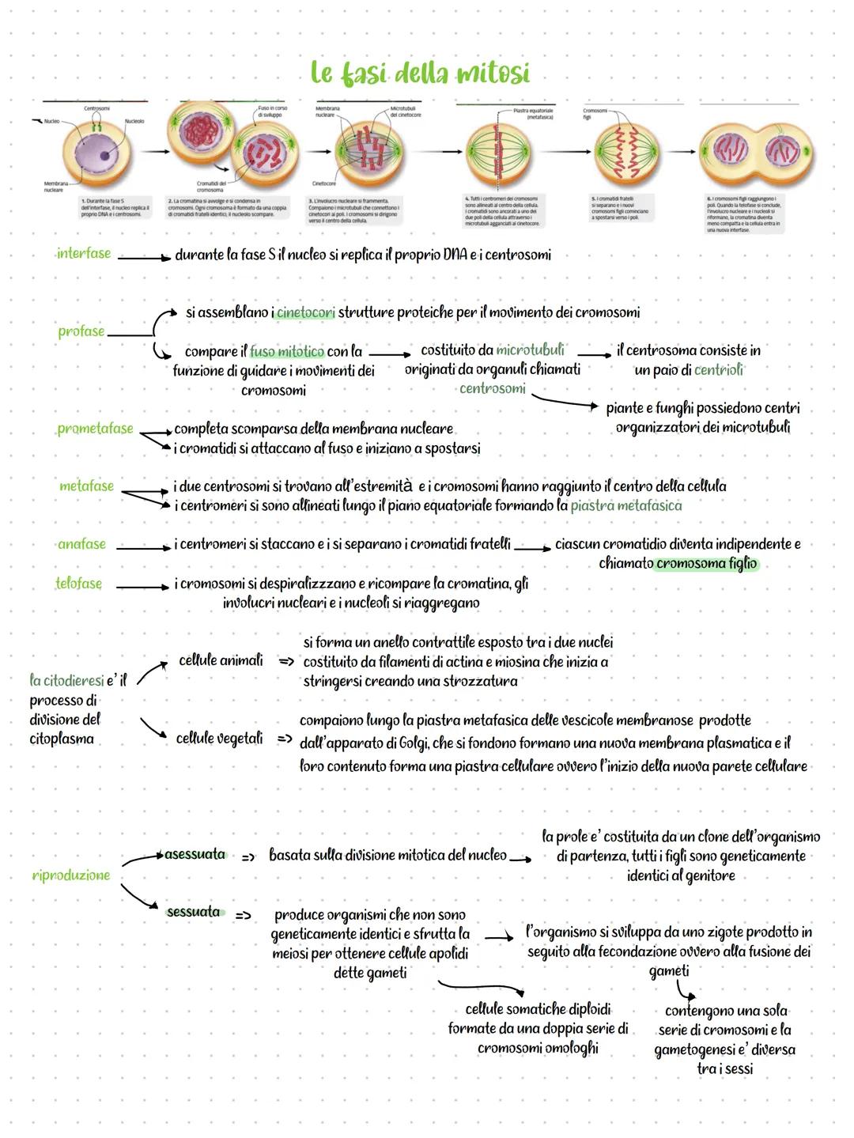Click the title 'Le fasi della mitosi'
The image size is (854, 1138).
point(420,74)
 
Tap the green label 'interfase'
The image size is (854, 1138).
point(83,254)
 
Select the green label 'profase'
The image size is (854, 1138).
point(81,331)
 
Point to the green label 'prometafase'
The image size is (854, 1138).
point(95,429)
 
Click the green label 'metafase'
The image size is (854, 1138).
point(86,486)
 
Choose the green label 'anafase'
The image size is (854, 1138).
point(81,544)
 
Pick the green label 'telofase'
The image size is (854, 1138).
point(79,584)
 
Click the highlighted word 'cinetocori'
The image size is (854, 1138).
point(306,312)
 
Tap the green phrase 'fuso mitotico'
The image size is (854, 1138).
point(287,351)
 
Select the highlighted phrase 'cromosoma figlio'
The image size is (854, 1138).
point(706,564)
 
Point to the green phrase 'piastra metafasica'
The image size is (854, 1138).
point(625,505)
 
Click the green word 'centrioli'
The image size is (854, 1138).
point(719,369)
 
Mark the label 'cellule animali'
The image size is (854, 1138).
point(221,660)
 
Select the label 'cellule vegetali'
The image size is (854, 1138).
point(219,739)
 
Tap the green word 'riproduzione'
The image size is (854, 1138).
point(71,875)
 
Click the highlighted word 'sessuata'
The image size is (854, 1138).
point(194,912)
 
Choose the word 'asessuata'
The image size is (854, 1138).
point(195,855)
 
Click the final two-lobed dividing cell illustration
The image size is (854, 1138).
point(754,151)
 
